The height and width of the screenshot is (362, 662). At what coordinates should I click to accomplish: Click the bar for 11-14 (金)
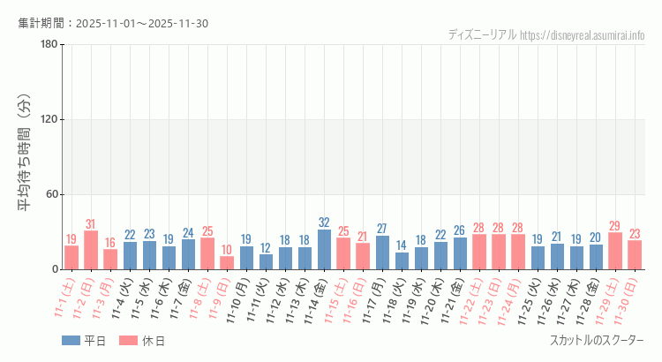click(x=324, y=249)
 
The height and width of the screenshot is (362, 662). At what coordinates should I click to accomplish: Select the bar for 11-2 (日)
click(x=91, y=250)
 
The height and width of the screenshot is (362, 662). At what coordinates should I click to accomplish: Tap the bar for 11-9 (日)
click(x=227, y=262)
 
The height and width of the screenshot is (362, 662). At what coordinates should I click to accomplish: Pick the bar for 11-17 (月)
click(x=382, y=253)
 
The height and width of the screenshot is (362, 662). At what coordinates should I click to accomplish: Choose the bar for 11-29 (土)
click(x=615, y=251)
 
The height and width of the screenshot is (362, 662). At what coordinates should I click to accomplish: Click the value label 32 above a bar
click(x=324, y=222)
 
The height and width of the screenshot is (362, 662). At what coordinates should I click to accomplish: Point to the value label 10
click(x=227, y=250)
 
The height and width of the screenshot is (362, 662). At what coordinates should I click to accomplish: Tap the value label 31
click(x=91, y=224)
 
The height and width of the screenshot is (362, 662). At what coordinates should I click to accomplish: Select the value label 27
click(x=382, y=229)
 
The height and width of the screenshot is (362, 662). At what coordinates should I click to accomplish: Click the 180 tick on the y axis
click(x=49, y=45)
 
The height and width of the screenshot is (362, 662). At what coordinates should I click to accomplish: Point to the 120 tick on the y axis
click(x=49, y=120)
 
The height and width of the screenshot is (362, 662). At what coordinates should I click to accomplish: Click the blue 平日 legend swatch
click(x=71, y=341)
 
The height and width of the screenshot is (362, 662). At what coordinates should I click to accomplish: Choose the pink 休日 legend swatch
click(x=130, y=341)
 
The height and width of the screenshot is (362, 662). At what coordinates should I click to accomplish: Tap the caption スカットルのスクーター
click(x=597, y=341)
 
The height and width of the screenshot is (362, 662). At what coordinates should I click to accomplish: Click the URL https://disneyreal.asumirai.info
click(x=583, y=35)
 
